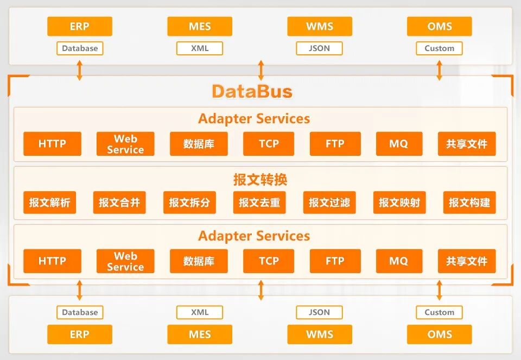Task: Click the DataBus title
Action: click(252, 91)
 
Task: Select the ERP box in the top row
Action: click(79, 26)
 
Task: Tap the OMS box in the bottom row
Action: click(439, 334)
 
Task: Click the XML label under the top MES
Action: click(200, 48)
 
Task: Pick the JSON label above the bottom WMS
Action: click(319, 312)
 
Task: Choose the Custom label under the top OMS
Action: click(439, 48)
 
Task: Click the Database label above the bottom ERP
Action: click(80, 312)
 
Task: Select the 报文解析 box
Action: click(49, 203)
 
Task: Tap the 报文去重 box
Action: click(259, 203)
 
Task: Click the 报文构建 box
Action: click(469, 203)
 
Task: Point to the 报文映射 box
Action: click(399, 203)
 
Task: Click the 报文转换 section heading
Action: click(260, 179)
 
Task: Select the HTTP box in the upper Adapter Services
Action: click(52, 144)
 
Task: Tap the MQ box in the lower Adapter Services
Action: click(398, 261)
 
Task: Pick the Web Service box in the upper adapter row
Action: click(125, 144)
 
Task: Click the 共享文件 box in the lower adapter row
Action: click(467, 261)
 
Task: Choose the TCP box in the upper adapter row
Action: click(269, 144)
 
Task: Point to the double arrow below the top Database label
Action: click(80, 71)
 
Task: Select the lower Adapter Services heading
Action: click(254, 236)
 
